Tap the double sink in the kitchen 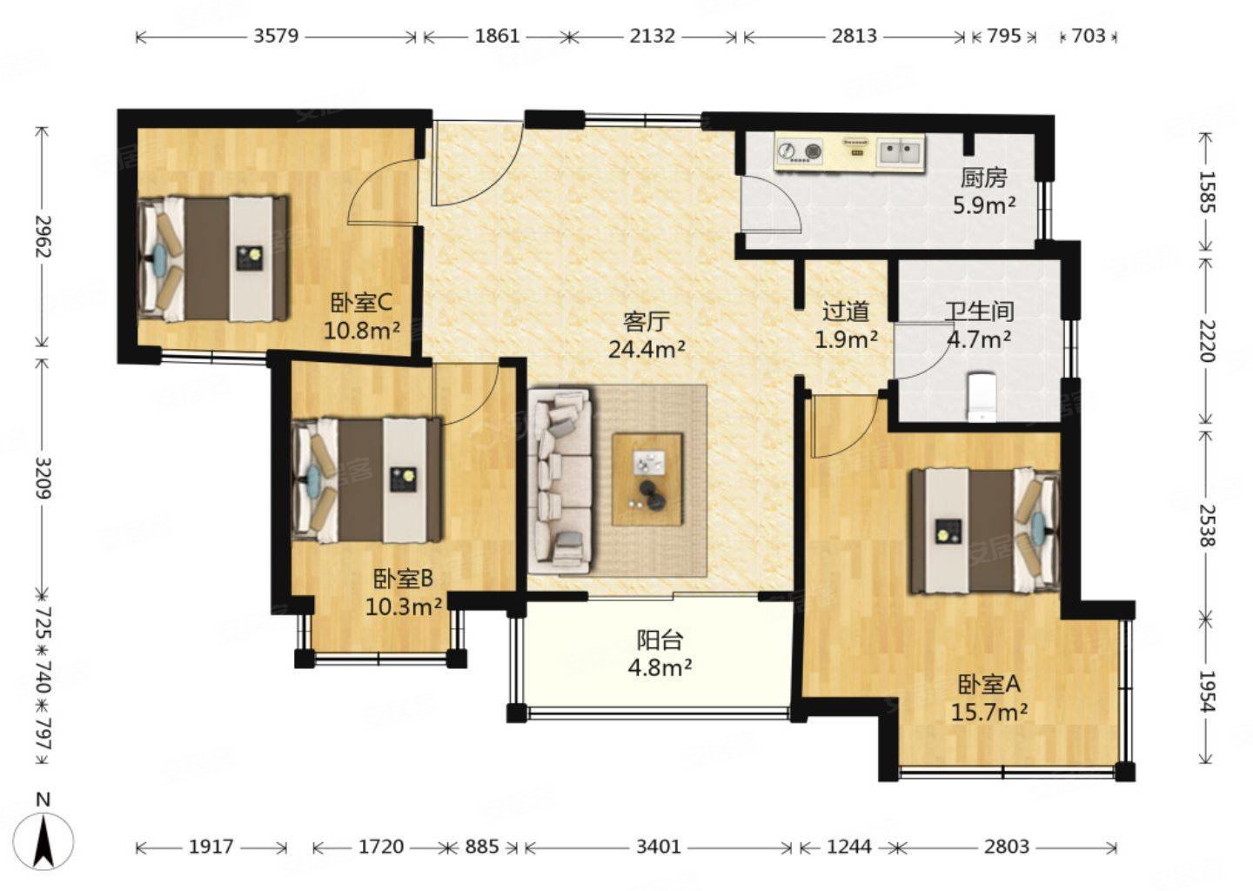[x=900, y=152]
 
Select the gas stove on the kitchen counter [x=800, y=152]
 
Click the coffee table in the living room [x=647, y=479]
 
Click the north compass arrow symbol [x=44, y=839]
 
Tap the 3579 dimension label [x=277, y=37]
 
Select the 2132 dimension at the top [x=653, y=37]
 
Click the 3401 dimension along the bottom [x=659, y=847]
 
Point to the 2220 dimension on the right [x=1209, y=340]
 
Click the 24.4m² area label [x=647, y=350]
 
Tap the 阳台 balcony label [x=660, y=640]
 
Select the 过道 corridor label [x=846, y=312]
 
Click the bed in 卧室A [x=985, y=531]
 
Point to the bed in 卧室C [x=213, y=258]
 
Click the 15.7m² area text [x=989, y=713]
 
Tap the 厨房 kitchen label [x=984, y=178]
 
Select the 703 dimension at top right [x=1089, y=37]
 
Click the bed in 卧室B [x=367, y=480]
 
